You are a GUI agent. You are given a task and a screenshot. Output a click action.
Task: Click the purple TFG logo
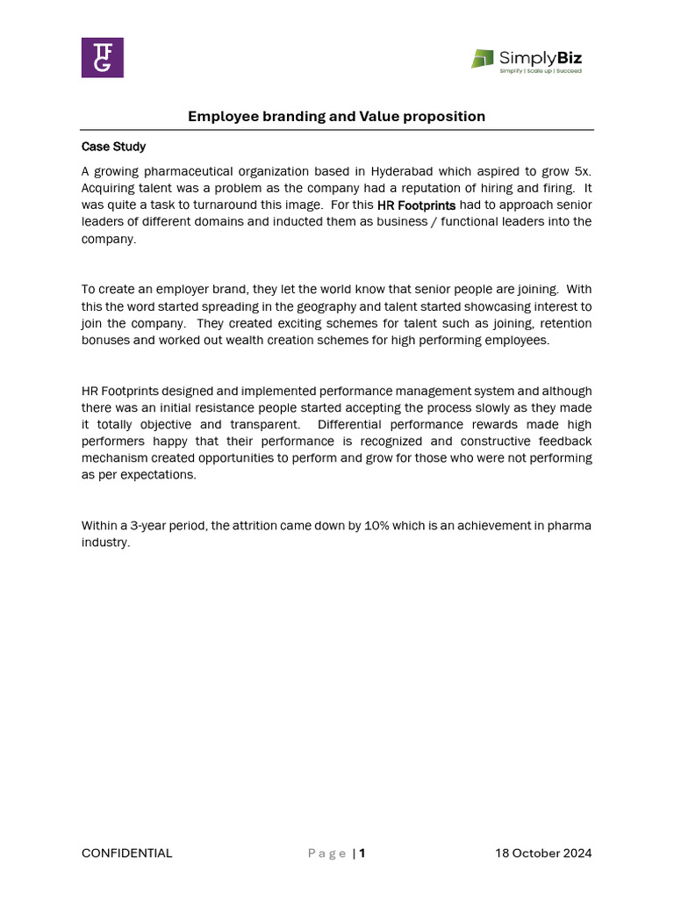103,58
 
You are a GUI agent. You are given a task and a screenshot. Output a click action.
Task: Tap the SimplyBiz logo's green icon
483,59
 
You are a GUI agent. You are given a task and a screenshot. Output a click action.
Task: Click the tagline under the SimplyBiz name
540,71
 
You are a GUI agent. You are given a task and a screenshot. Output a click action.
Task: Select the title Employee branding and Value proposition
336,116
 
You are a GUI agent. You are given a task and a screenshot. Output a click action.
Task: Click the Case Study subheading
114,147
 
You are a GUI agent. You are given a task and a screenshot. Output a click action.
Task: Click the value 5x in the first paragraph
583,171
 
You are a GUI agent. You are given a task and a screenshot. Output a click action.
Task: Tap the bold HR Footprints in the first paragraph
416,205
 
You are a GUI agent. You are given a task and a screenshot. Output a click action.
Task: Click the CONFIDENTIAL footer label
127,853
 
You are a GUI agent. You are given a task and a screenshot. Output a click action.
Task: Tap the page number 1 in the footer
362,853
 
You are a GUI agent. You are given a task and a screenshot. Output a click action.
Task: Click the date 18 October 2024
543,853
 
